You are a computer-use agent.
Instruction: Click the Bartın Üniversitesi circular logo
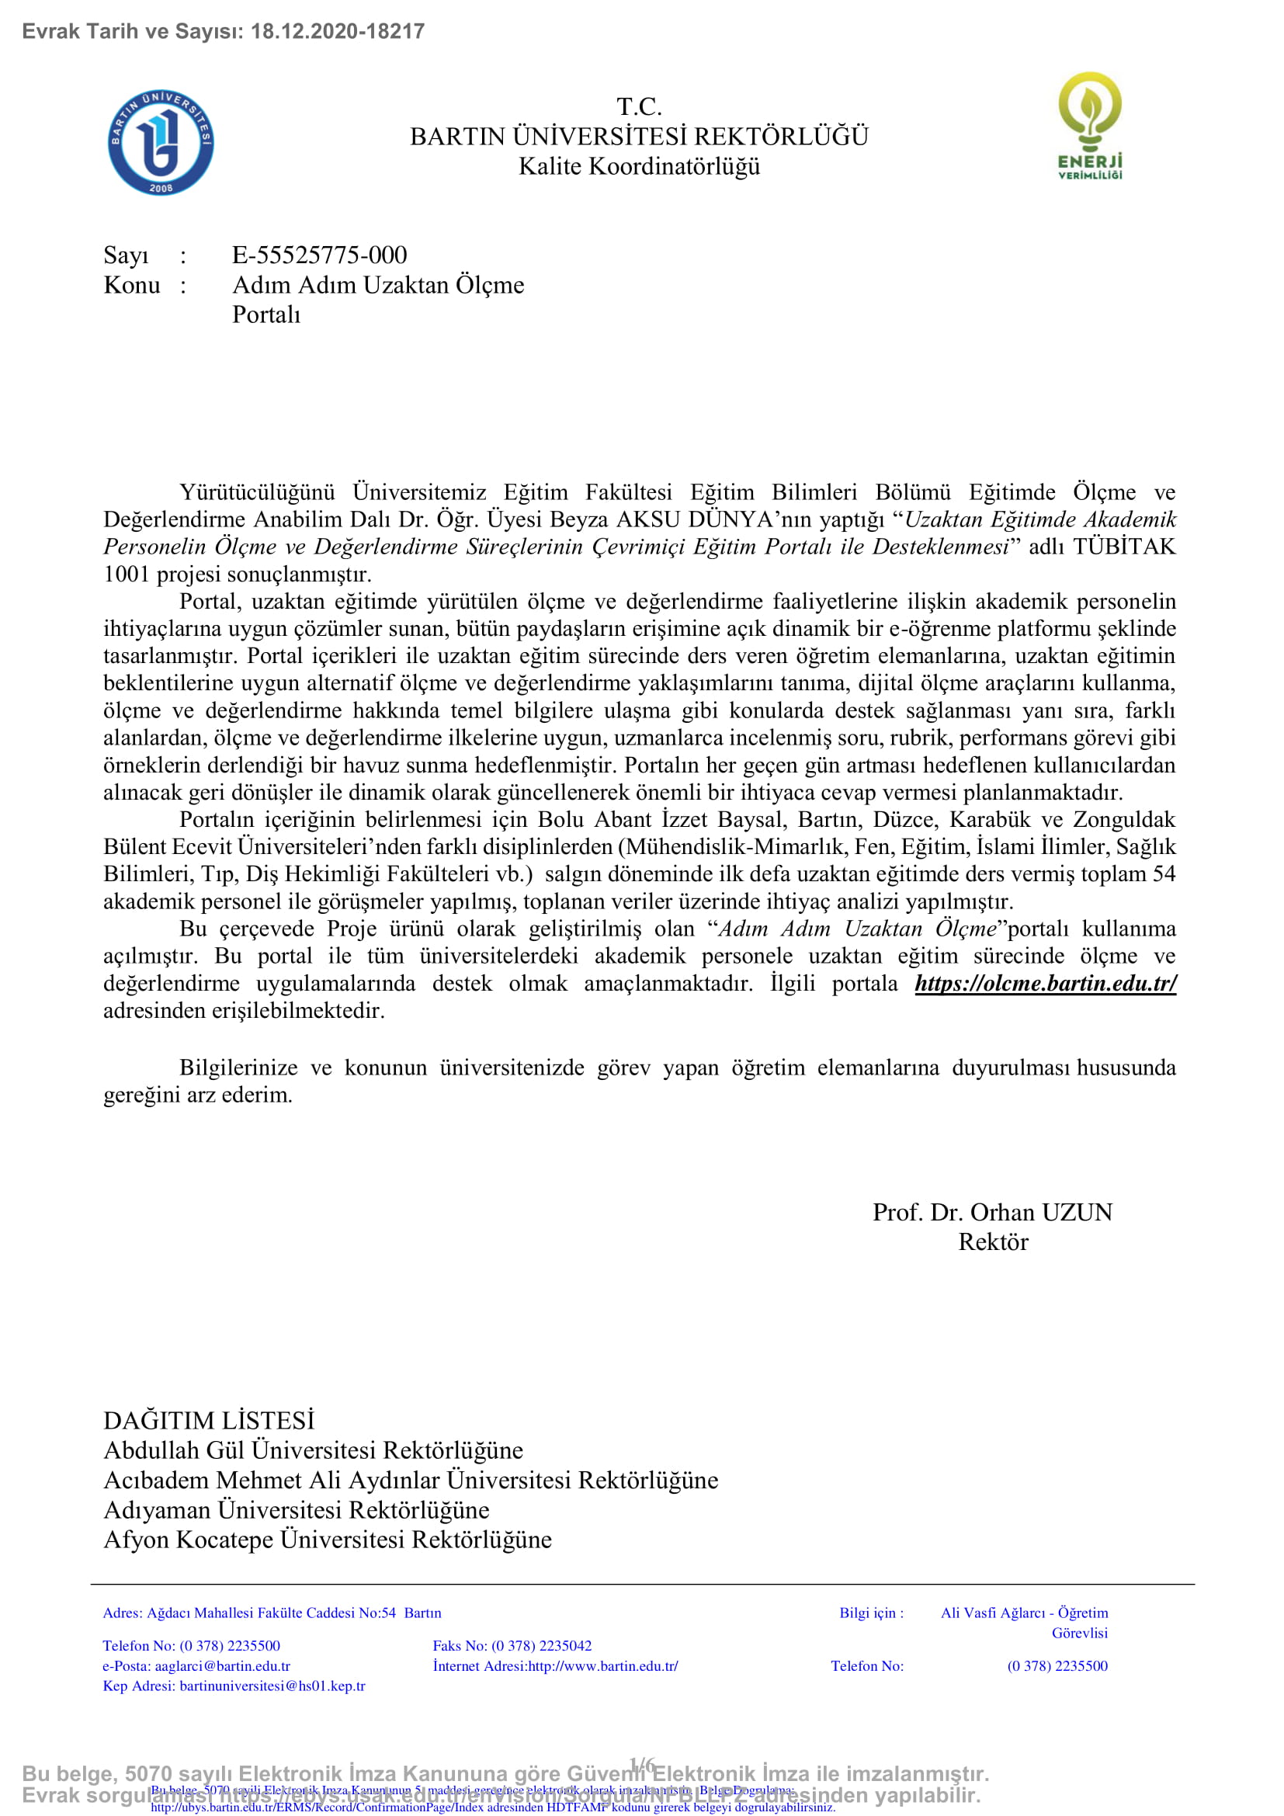coord(161,142)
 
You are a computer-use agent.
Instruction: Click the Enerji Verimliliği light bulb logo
coord(1089,125)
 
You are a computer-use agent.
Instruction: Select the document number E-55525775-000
coord(319,255)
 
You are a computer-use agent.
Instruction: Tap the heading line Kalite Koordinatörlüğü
coord(639,167)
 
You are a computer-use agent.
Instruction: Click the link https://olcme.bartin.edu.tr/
coord(1045,984)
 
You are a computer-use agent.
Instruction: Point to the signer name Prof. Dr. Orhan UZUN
coord(992,1213)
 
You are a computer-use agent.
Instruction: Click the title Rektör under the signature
coord(993,1242)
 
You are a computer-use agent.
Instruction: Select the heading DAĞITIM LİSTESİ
coord(209,1422)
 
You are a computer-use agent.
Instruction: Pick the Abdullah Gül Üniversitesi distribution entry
coord(313,1450)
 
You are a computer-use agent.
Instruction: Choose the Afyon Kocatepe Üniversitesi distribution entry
coord(328,1540)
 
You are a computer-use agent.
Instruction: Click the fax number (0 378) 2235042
coord(542,1646)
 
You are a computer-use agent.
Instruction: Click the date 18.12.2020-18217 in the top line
coord(338,32)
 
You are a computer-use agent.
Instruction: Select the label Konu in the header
coord(131,286)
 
